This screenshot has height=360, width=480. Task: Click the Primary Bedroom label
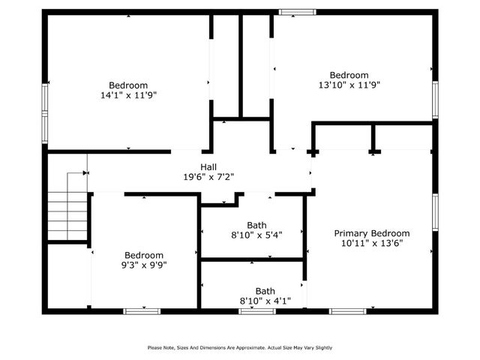pos(372,233)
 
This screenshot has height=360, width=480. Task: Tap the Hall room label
pos(209,166)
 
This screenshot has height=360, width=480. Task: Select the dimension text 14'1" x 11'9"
pos(128,95)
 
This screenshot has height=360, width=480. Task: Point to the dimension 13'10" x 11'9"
pos(349,85)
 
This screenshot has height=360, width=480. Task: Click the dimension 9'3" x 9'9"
pos(144,265)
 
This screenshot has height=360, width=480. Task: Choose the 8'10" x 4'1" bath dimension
pos(265,301)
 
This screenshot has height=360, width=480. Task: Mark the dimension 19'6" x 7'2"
pos(209,177)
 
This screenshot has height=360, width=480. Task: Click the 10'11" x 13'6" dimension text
pos(372,243)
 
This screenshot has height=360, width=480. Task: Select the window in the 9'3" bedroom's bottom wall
pos(142,310)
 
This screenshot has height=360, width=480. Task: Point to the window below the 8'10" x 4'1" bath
pos(257,310)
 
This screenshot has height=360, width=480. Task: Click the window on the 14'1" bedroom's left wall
pos(45,112)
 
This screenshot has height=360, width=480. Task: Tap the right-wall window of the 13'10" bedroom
pos(435,99)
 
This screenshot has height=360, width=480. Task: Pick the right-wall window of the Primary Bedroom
pos(435,213)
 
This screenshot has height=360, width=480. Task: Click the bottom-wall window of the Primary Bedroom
pos(348,310)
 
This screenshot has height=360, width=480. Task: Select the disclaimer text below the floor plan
pos(239,347)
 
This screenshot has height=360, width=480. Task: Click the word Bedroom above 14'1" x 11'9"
pos(128,85)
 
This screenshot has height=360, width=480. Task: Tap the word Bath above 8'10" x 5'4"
pos(256,225)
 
